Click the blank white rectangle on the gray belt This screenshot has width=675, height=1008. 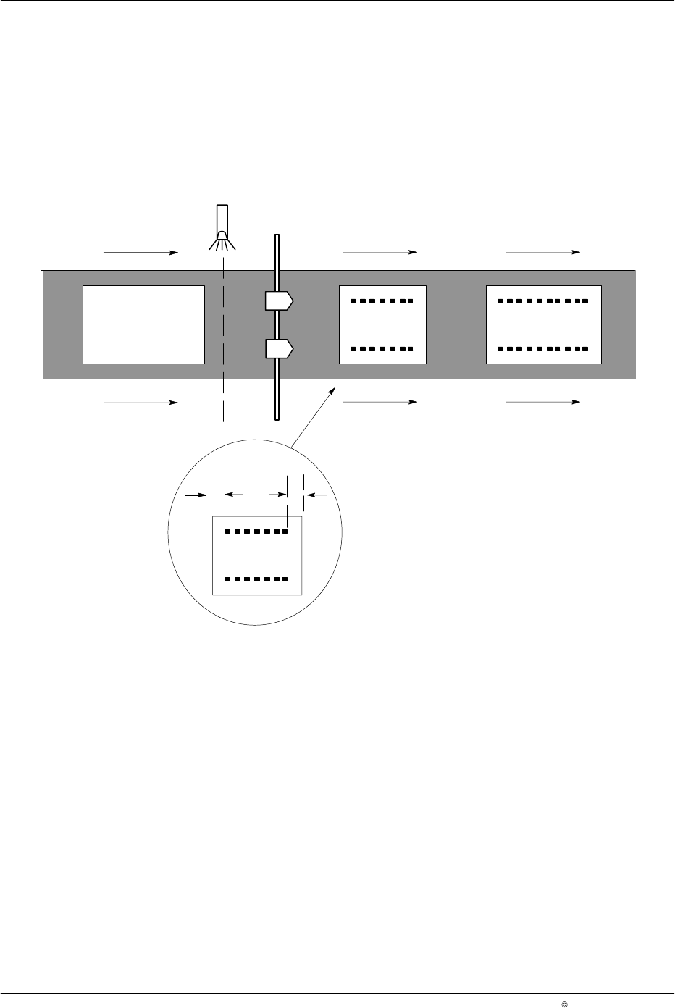(x=143, y=324)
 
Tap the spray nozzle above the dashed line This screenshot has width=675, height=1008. (x=223, y=224)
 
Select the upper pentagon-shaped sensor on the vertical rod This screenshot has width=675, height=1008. (x=279, y=300)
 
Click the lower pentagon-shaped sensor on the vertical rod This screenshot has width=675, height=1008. (x=279, y=349)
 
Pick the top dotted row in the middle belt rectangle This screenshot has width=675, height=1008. (x=382, y=300)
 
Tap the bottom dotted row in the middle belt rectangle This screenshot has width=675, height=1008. (x=382, y=349)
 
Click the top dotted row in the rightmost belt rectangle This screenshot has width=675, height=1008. (x=543, y=300)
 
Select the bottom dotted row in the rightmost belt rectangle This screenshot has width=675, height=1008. (x=543, y=349)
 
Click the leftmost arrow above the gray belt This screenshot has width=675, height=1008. (x=141, y=253)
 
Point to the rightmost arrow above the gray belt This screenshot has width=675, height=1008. (x=543, y=252)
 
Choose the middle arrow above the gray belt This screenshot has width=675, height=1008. (x=380, y=252)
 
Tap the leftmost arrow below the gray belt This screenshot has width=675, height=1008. (x=141, y=402)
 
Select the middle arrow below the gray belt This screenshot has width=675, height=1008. (x=380, y=402)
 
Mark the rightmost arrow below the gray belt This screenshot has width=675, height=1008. (x=543, y=402)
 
